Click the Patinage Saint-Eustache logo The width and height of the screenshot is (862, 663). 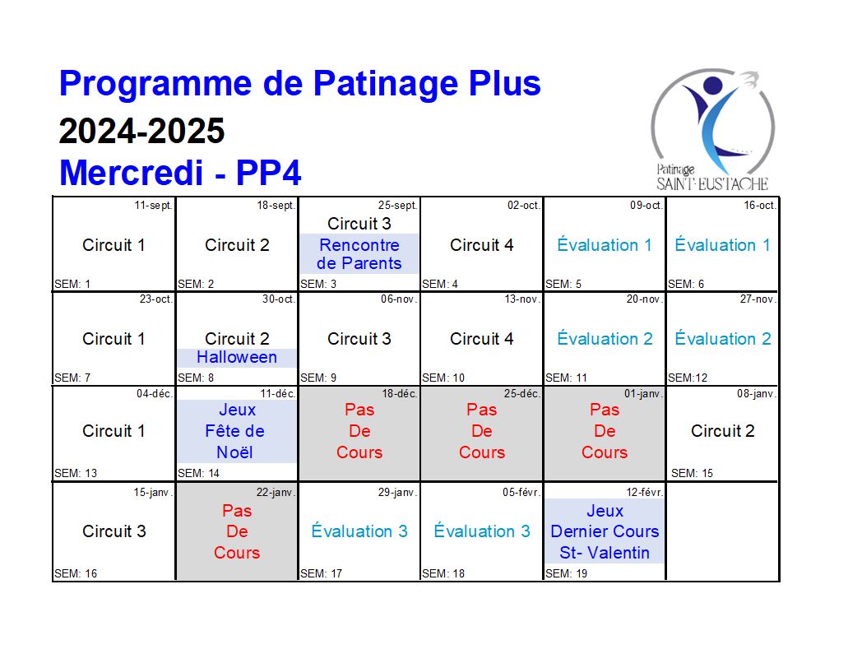pos(712,130)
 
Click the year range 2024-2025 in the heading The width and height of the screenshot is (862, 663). pos(141,131)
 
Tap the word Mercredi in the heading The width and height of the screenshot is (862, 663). pos(131,173)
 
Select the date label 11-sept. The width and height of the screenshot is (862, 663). pos(153,206)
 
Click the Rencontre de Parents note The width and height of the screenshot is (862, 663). pos(359,254)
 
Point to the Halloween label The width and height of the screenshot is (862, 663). pos(237,357)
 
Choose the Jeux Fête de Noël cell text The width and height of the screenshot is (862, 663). pos(234,431)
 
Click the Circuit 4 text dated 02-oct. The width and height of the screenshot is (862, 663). pos(481,245)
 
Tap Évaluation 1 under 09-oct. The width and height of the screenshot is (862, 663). pos(605,244)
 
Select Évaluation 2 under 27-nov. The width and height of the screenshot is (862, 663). pos(723,339)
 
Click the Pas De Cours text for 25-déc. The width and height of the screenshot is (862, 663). pos(481,431)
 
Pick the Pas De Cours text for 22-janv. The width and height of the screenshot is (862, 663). pos(237,531)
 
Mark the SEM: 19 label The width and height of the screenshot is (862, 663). pos(566,573)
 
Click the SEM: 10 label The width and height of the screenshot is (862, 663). pos(443,378)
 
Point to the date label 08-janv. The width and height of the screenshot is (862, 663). pos(757,394)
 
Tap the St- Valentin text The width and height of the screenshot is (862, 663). pos(605,553)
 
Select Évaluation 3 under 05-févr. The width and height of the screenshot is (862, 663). pos(481,531)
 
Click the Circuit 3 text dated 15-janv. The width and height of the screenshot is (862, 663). pos(114,531)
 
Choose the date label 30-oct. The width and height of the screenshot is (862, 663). pos(279,299)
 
